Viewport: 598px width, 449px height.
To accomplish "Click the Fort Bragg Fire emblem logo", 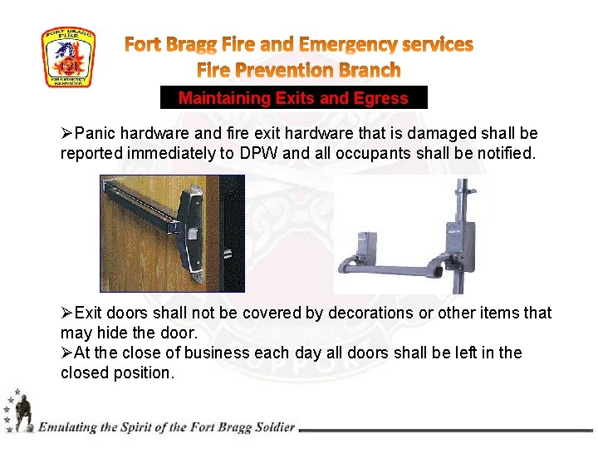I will (x=68, y=57).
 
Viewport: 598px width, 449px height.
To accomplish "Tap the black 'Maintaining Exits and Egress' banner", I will (x=293, y=98).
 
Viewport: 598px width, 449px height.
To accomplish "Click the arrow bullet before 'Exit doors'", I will (x=67, y=313).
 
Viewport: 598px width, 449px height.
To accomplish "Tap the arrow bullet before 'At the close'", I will (x=67, y=353).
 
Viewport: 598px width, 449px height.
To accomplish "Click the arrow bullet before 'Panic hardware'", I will (x=67, y=133).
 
